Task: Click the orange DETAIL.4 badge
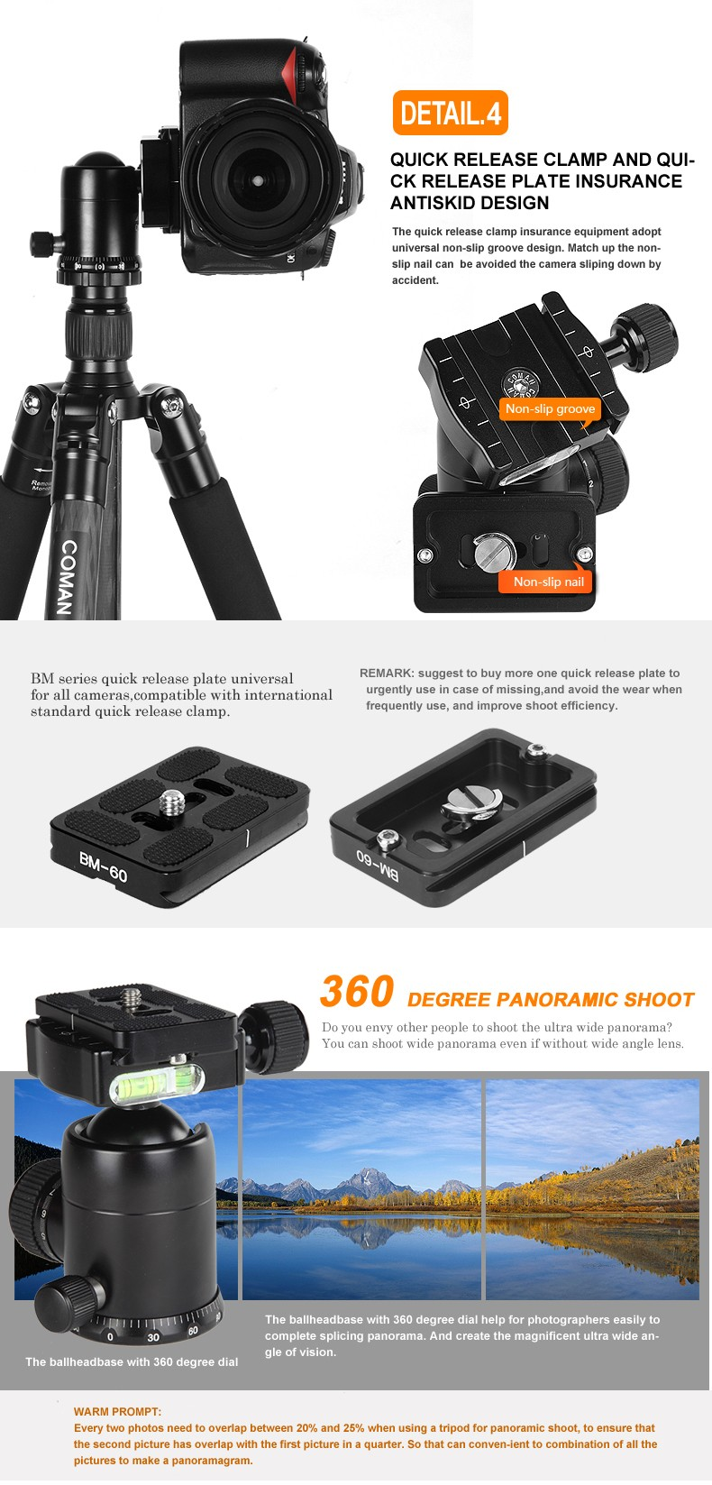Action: tap(450, 113)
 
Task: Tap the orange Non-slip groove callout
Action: tap(551, 409)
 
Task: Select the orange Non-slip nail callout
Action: tap(548, 582)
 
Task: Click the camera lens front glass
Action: tap(257, 180)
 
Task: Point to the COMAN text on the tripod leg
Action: tap(67, 576)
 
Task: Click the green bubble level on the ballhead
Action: tap(155, 1084)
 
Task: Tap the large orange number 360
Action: tap(357, 992)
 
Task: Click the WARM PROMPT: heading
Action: tap(117, 1412)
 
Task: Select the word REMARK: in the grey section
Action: tap(388, 673)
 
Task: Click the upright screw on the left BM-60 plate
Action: tap(172, 802)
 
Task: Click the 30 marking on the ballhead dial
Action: tap(153, 1337)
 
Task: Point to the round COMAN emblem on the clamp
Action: tap(519, 384)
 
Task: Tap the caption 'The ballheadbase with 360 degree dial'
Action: tap(132, 1361)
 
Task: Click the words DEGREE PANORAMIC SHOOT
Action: tap(551, 1000)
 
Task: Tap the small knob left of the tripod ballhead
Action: tap(43, 243)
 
